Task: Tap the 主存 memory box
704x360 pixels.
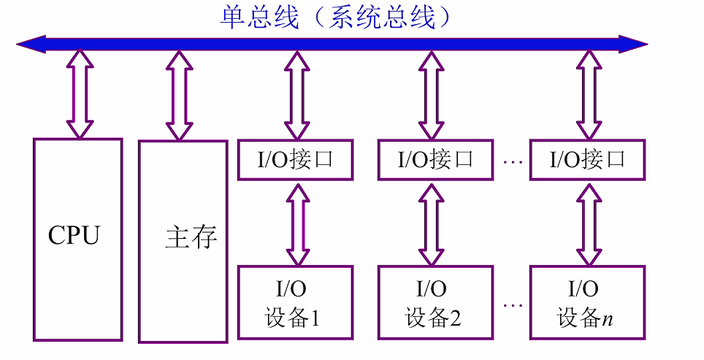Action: click(x=183, y=242)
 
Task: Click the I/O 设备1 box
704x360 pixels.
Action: click(x=295, y=302)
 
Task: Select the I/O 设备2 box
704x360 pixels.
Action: click(x=435, y=302)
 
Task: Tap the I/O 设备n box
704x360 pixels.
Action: click(x=587, y=302)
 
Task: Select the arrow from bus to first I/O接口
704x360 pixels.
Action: click(x=295, y=95)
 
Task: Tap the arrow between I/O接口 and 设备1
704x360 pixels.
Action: click(x=296, y=223)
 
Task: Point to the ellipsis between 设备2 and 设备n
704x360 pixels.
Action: click(x=513, y=305)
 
